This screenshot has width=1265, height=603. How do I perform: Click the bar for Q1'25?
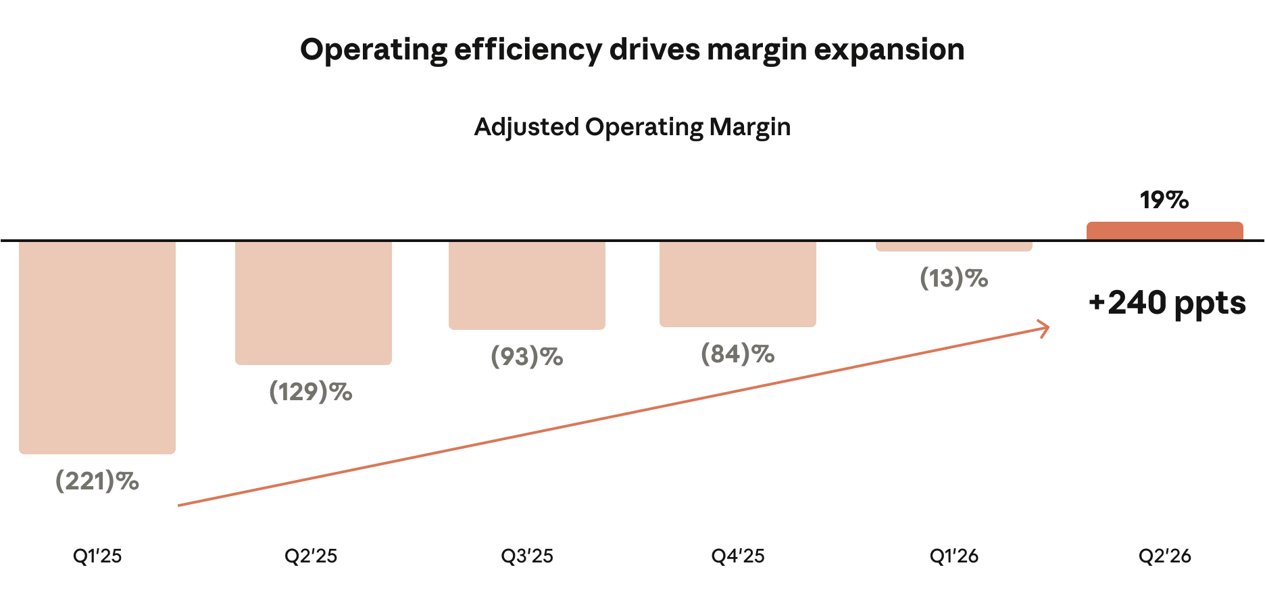97,347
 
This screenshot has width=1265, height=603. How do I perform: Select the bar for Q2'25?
314,303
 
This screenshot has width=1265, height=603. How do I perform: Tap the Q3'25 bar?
527,285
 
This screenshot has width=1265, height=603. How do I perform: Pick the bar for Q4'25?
738,284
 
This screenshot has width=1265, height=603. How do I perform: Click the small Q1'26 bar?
954,246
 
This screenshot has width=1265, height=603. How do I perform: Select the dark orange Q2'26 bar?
1165,231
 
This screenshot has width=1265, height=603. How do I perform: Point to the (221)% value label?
97,481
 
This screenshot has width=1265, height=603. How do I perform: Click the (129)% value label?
311,392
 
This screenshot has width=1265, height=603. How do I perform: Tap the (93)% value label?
527,357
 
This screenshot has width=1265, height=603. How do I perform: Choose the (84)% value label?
738,354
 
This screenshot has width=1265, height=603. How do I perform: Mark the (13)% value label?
954,279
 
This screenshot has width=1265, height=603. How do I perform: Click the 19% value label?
1164,200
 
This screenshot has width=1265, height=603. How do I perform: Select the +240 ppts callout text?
1167,303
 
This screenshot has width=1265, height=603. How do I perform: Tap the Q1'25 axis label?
97,556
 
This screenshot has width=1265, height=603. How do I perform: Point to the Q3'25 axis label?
527,556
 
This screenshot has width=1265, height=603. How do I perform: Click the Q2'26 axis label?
1165,556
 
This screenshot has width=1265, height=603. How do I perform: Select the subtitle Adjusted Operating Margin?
632,127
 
